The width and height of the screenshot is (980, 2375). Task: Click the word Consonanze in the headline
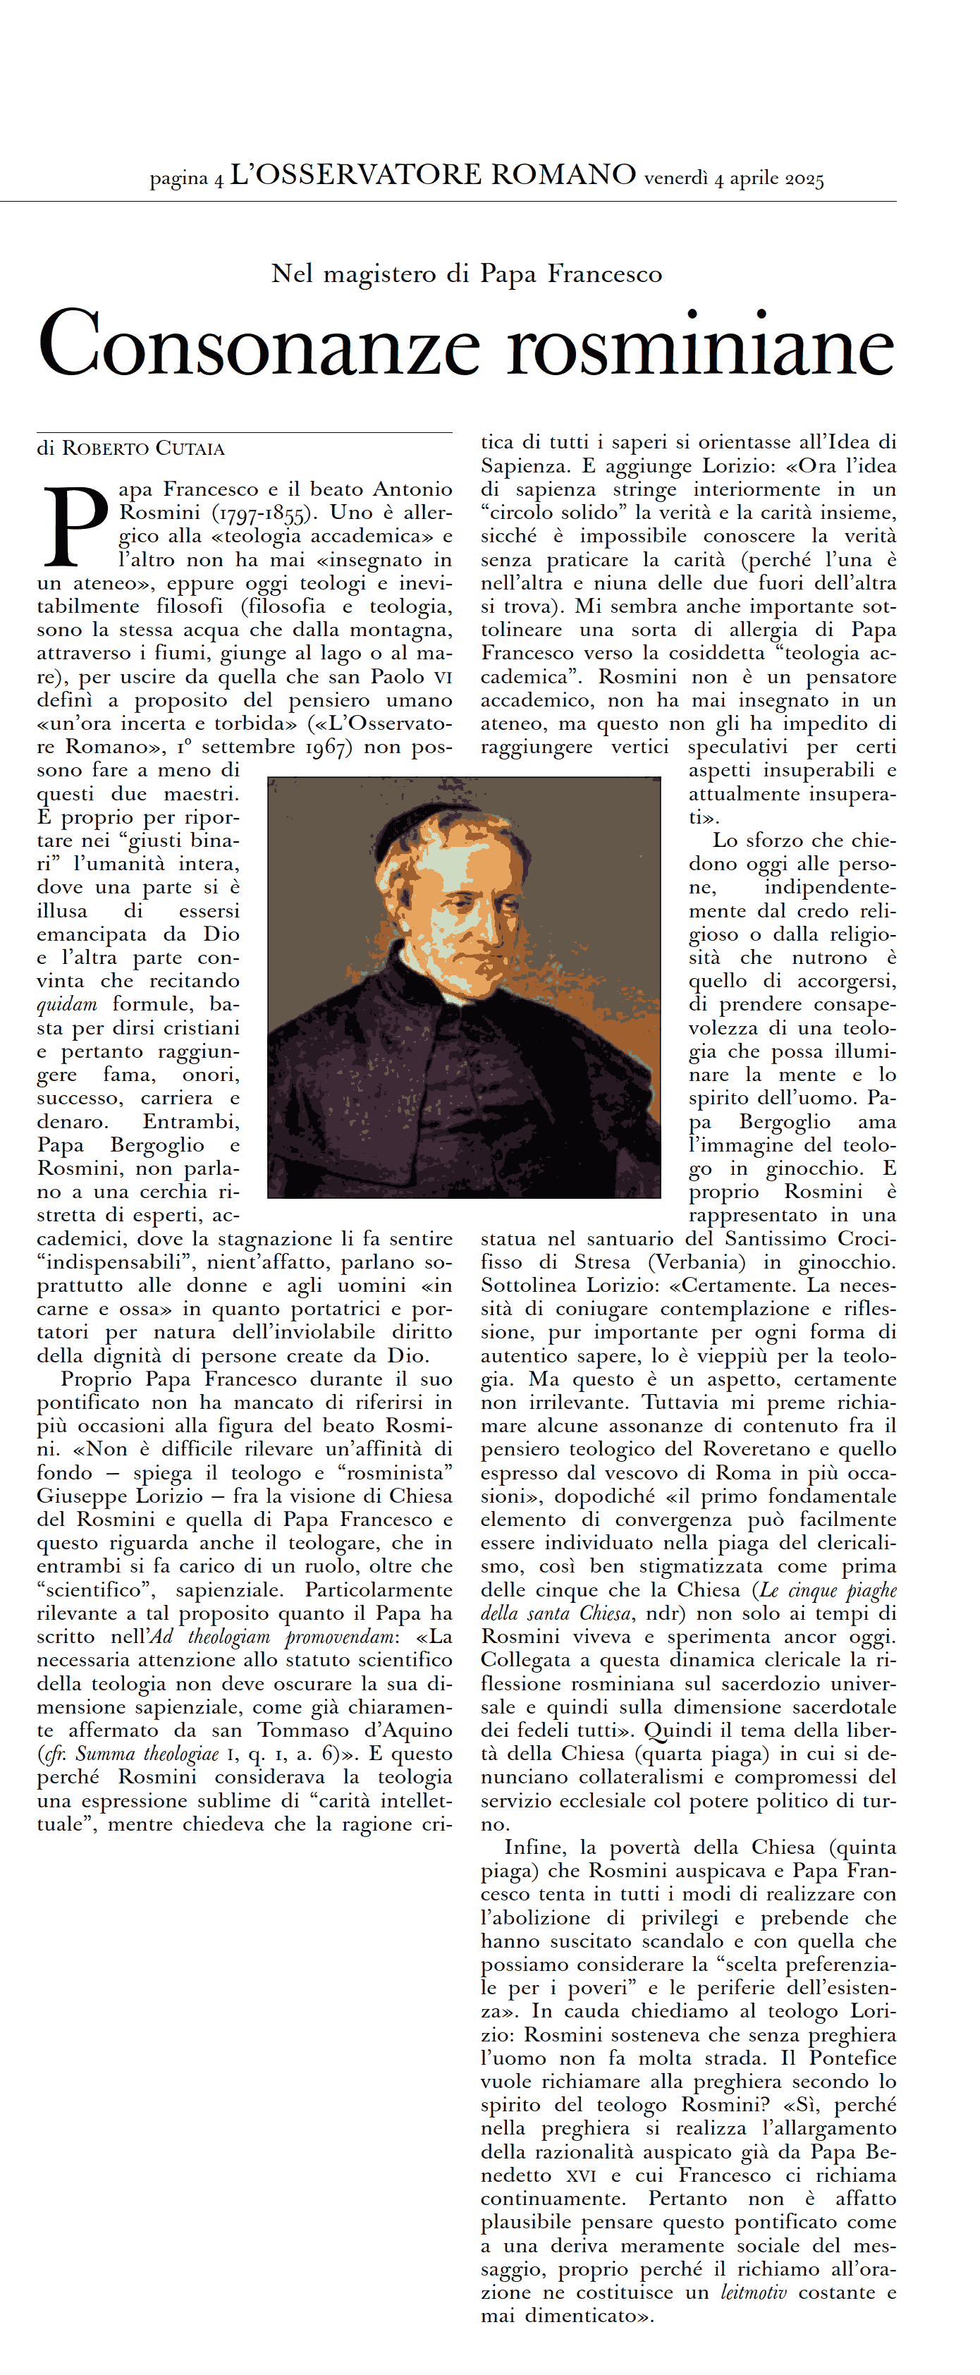click(259, 345)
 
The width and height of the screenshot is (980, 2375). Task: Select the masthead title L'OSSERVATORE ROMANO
click(432, 174)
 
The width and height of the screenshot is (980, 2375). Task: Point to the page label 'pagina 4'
click(186, 178)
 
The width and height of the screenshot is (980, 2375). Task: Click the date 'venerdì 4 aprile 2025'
click(734, 178)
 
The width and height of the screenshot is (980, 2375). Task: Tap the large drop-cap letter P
click(75, 527)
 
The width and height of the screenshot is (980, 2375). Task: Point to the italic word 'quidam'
click(67, 1004)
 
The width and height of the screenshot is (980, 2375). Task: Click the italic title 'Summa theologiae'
click(147, 1754)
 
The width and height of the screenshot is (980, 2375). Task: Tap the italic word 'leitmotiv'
click(753, 2293)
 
